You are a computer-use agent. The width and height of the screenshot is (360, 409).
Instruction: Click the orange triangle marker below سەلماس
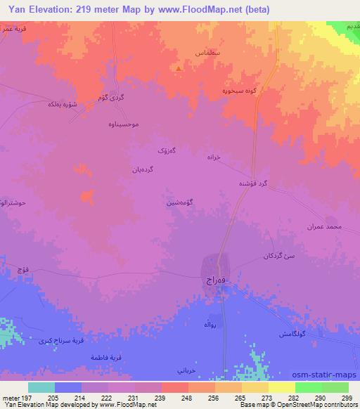pos(181,69)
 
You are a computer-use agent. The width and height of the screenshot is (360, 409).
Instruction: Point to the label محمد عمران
pos(323,226)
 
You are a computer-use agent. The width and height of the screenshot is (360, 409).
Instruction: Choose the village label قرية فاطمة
pos(106,357)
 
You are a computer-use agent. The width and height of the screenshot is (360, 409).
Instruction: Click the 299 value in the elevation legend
pos(346,398)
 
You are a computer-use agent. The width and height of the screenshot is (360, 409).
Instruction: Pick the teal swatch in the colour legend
pos(41,387)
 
